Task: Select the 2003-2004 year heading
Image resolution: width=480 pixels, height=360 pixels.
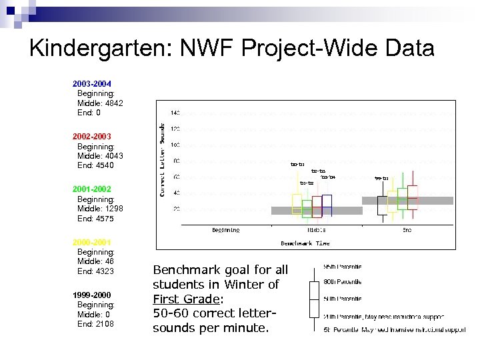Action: tap(92, 84)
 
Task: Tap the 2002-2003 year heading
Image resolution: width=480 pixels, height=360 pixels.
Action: tap(92, 137)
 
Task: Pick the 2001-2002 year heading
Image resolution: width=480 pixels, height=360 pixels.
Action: tap(92, 189)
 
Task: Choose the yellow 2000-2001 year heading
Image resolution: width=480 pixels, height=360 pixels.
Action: tap(92, 242)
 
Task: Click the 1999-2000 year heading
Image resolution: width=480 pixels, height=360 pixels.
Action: tap(92, 295)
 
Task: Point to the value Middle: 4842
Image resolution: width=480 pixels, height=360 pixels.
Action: tap(100, 103)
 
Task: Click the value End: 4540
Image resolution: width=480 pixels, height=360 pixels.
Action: tap(95, 165)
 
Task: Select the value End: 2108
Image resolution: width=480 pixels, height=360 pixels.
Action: tap(95, 324)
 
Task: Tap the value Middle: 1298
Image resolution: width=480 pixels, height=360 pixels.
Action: tap(100, 209)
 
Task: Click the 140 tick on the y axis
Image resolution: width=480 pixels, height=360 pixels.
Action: tap(175, 113)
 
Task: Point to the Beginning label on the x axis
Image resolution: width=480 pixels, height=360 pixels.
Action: tap(225, 231)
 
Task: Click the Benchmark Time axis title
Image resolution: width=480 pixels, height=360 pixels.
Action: tap(305, 243)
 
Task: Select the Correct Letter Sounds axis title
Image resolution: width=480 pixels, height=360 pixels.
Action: tap(161, 159)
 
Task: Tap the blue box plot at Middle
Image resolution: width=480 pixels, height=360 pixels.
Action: tap(326, 205)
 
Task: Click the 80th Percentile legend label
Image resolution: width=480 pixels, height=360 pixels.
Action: tap(343, 282)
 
